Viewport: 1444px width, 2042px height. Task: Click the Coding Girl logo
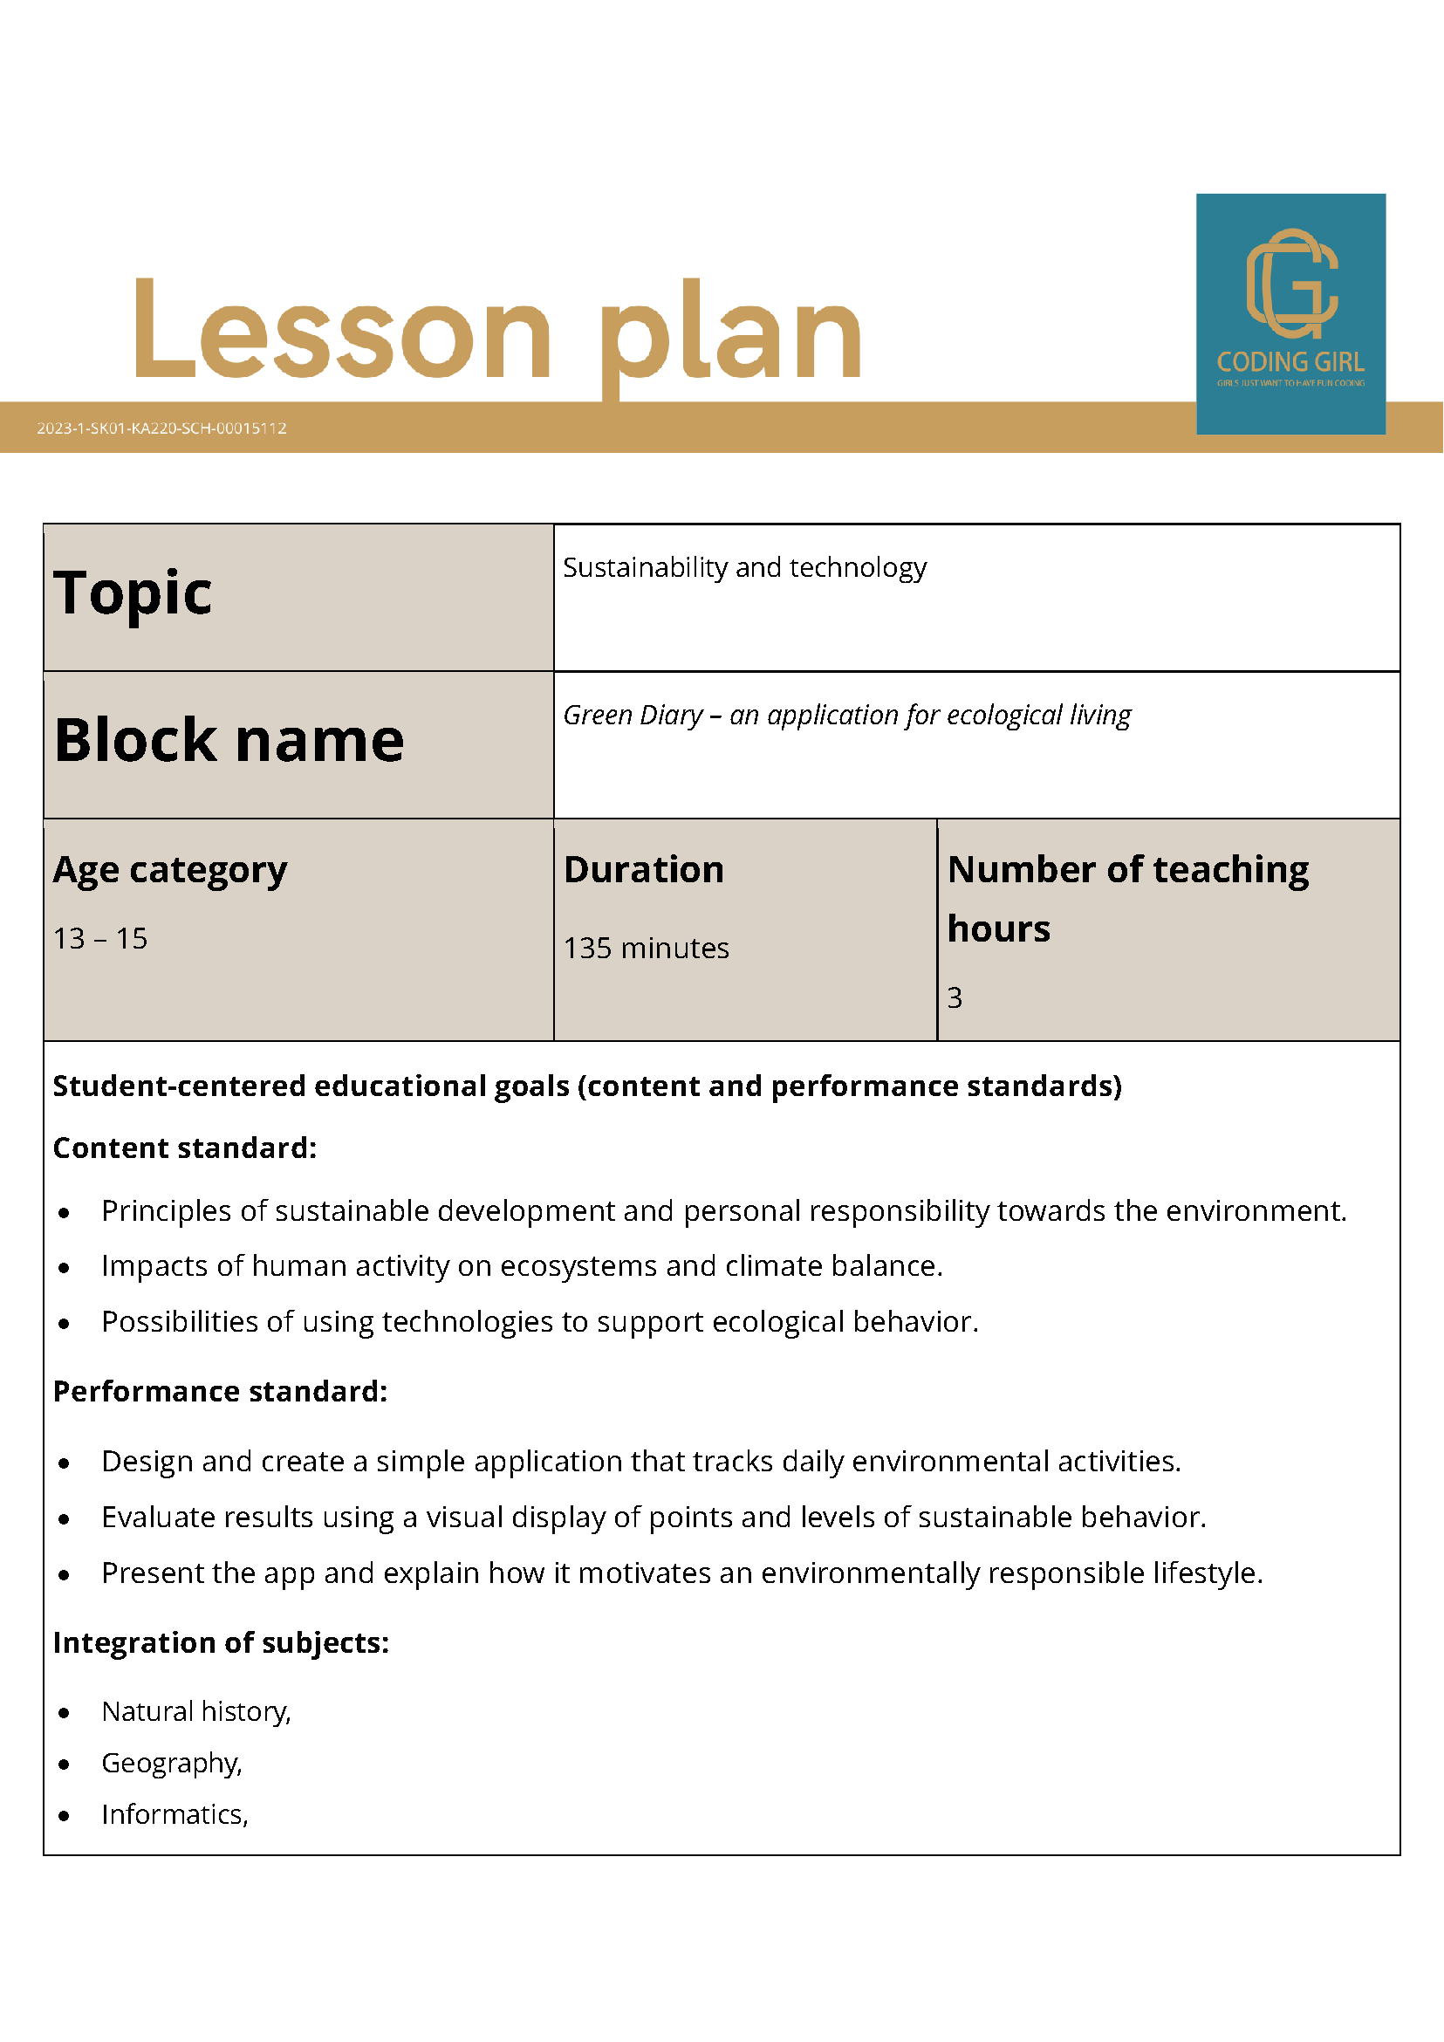pos(1290,313)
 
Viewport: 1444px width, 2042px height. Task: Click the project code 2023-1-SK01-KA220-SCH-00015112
pos(161,428)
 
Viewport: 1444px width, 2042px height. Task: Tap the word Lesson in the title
pos(342,331)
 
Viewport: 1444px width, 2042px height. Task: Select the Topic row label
pos(133,593)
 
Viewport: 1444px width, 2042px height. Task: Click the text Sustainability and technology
pos(744,567)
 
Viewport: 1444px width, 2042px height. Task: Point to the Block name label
pos(229,740)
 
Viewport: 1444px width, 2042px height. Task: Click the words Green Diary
pos(633,715)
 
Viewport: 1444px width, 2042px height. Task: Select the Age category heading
pos(170,870)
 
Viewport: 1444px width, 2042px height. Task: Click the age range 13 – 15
pos(100,938)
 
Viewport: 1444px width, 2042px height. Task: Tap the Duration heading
pos(644,870)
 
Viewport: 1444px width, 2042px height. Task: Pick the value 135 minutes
pos(646,948)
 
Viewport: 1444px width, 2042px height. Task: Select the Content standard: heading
pos(185,1148)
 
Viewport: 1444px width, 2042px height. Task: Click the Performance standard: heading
pos(221,1391)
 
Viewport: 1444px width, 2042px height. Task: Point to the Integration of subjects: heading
pos(222,1642)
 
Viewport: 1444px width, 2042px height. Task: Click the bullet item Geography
pos(171,1763)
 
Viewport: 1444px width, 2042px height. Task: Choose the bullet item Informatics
pos(174,1814)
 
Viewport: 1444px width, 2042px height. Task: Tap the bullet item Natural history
pos(195,1711)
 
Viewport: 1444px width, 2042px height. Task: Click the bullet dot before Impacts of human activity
pos(64,1268)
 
